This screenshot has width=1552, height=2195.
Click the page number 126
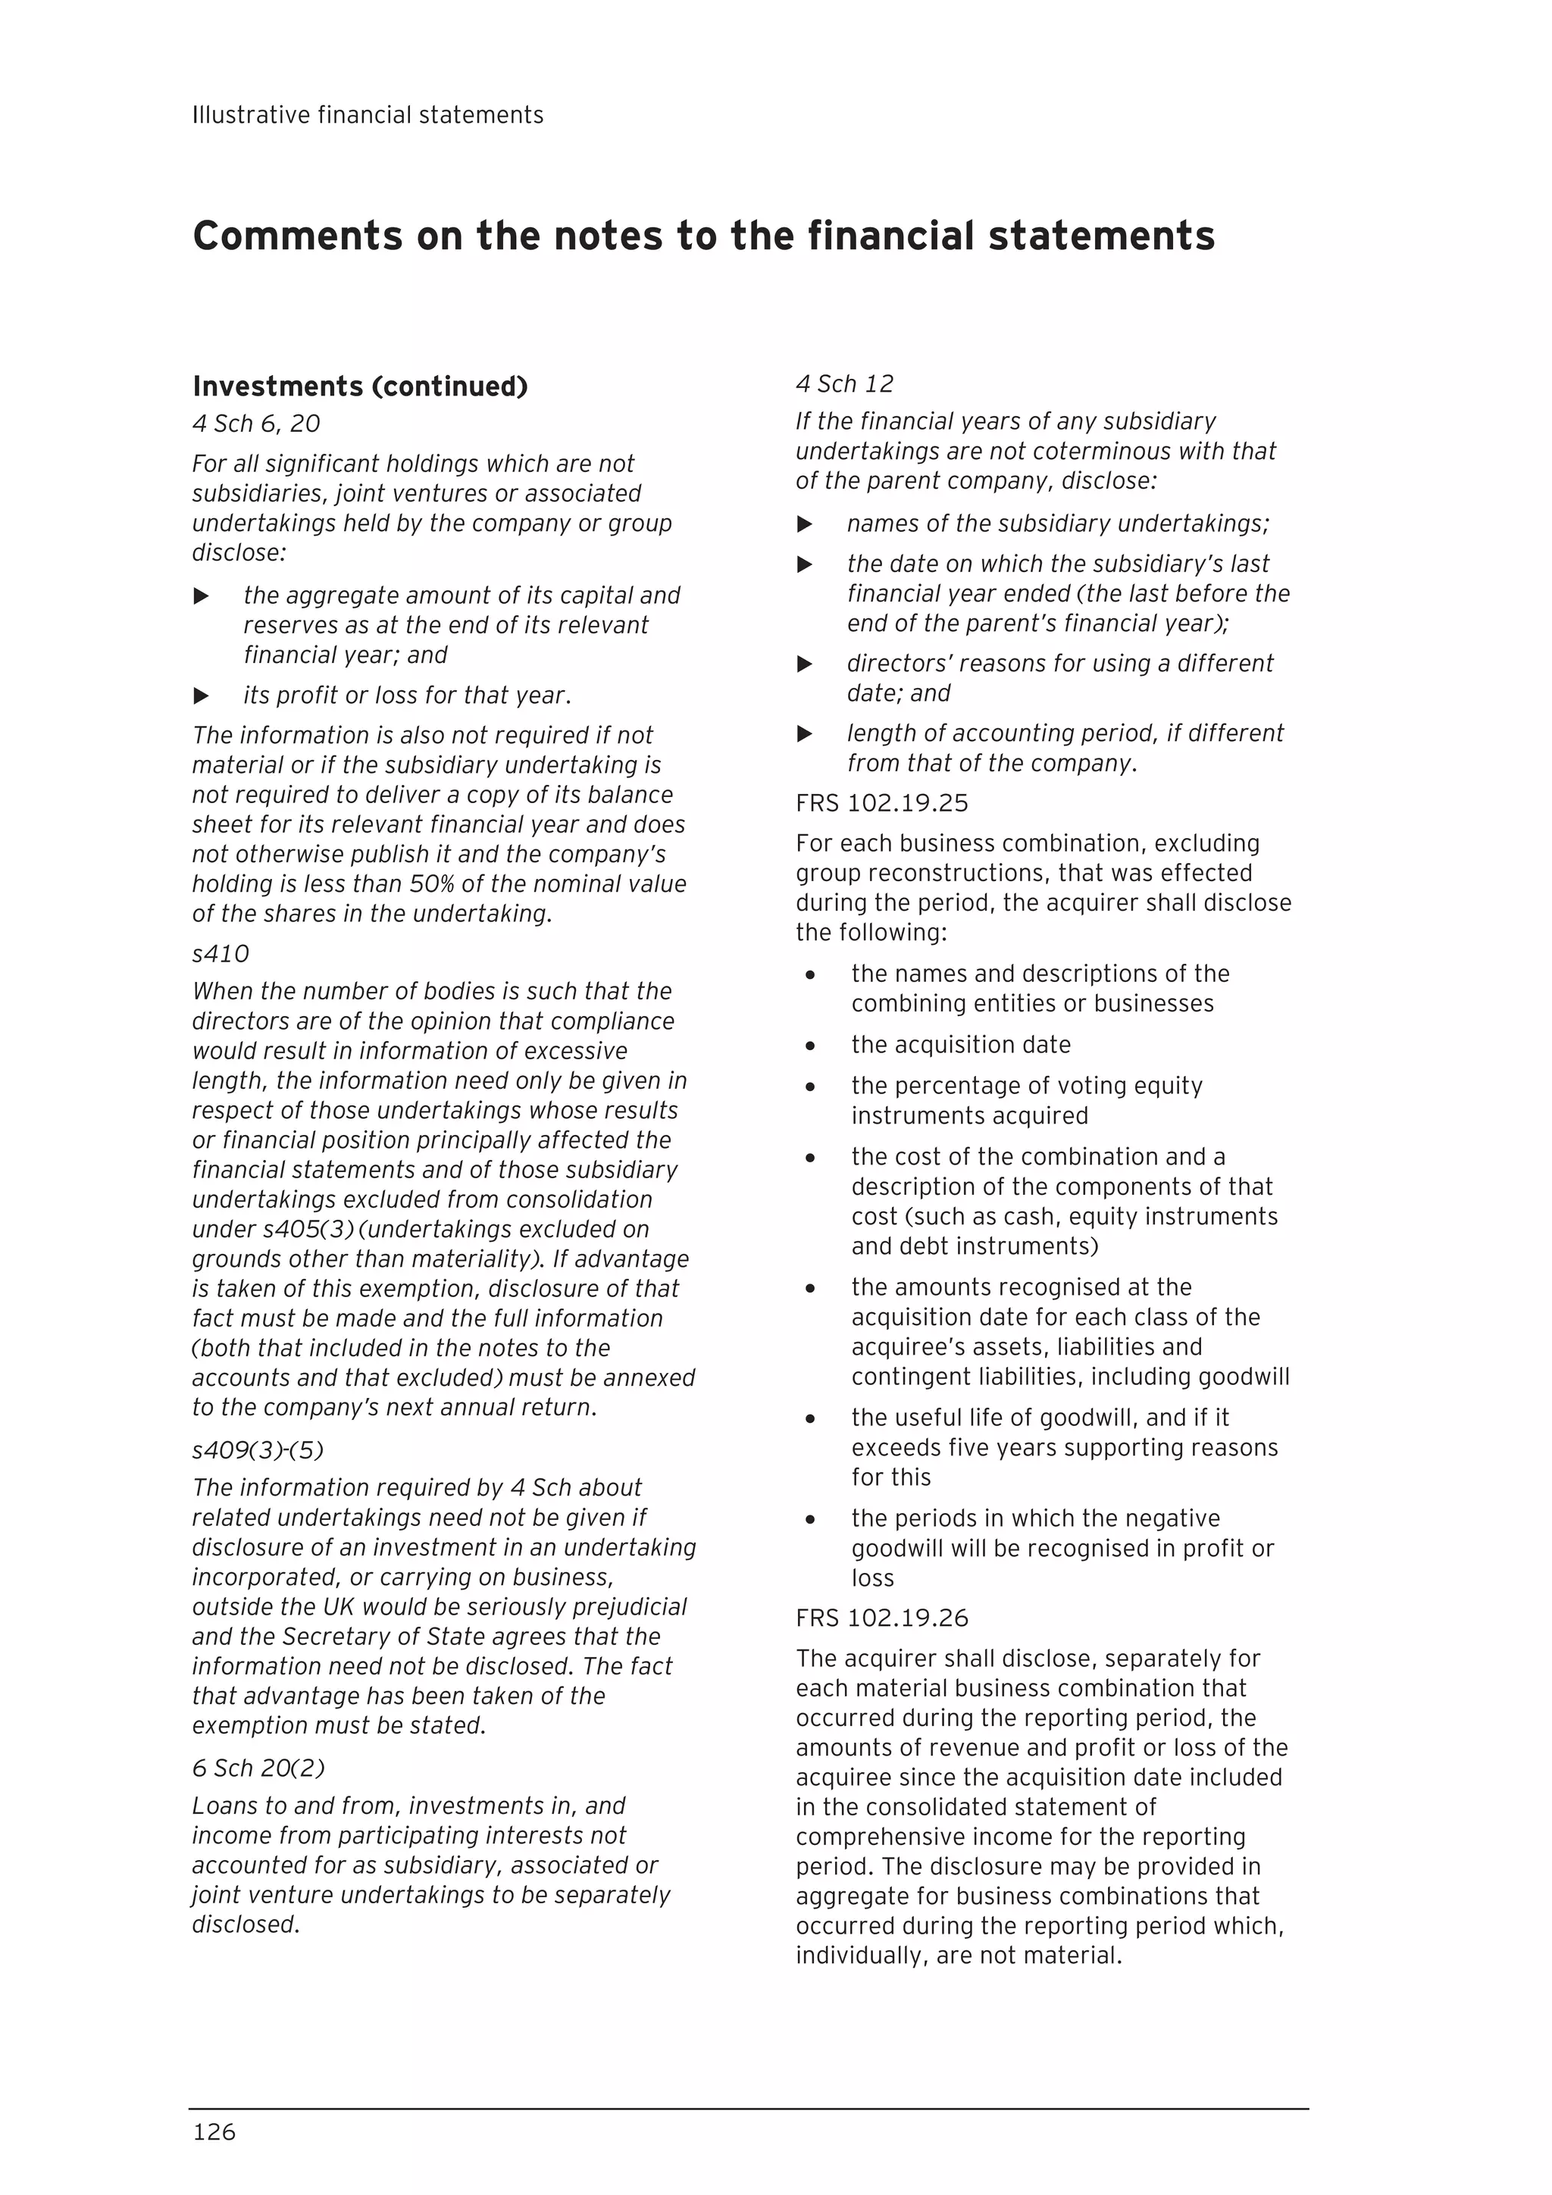pyautogui.click(x=214, y=2131)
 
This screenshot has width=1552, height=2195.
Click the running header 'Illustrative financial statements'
pyautogui.click(x=368, y=116)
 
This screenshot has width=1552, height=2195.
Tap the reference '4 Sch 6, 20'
pyautogui.click(x=255, y=424)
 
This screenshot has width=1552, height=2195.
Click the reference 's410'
pyautogui.click(x=220, y=953)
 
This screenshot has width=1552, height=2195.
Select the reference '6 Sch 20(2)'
pyautogui.click(x=258, y=1768)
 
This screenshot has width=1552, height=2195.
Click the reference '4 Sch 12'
pyautogui.click(x=843, y=384)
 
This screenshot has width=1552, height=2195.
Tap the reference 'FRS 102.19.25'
pyautogui.click(x=881, y=803)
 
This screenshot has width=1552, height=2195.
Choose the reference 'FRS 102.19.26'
pyautogui.click(x=881, y=1618)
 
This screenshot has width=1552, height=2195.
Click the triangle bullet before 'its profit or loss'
pyautogui.click(x=201, y=696)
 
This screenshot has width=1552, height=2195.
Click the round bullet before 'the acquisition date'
pyautogui.click(x=810, y=1046)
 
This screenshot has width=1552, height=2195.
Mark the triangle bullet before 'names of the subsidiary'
pyautogui.click(x=804, y=524)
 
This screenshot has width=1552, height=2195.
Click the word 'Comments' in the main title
pyautogui.click(x=296, y=236)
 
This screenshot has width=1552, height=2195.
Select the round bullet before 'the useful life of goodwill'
pyautogui.click(x=810, y=1418)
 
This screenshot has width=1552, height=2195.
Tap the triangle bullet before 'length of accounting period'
pyautogui.click(x=804, y=733)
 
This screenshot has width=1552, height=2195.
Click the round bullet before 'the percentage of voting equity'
pyautogui.click(x=810, y=1087)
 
